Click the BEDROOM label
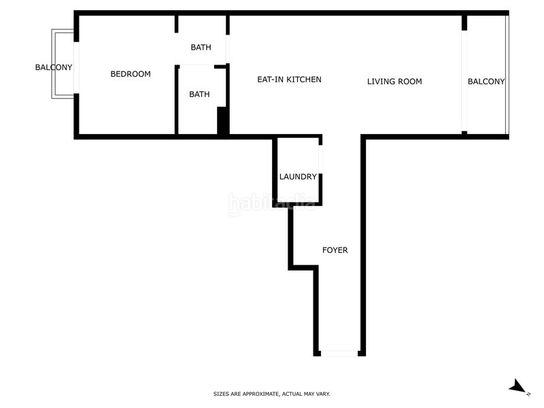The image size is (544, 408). [x=131, y=74]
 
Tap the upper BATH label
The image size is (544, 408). [x=201, y=48]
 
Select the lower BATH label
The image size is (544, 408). [x=199, y=95]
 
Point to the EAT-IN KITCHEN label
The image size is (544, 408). [x=289, y=80]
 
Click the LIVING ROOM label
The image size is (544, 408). [x=394, y=82]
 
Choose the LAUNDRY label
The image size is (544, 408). [x=298, y=177]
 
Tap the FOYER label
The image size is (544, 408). [x=335, y=250]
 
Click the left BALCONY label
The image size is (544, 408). [x=54, y=67]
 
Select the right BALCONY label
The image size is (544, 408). [x=486, y=82]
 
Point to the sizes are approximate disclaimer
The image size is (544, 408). [x=272, y=394]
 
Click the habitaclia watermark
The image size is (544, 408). [x=271, y=203]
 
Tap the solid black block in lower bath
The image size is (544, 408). [x=222, y=120]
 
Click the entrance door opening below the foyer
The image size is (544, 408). [x=339, y=353]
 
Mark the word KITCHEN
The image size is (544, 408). [x=303, y=80]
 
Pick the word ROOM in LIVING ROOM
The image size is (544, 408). [x=409, y=82]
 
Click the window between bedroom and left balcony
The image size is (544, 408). [x=76, y=67]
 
